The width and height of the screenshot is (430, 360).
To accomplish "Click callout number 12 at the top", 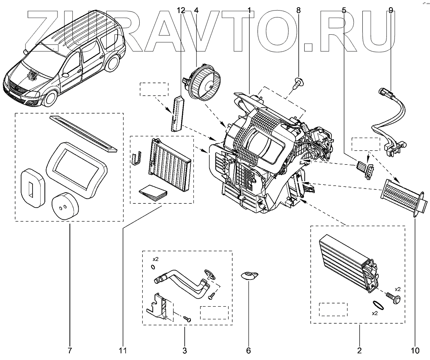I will coord(181,10).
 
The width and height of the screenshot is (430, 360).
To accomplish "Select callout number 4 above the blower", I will coord(196,10).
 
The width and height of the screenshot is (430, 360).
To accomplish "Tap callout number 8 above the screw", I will coord(298,10).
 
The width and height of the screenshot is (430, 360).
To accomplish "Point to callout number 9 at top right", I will coord(391,10).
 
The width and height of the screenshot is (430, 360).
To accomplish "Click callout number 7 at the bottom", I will coord(69,350).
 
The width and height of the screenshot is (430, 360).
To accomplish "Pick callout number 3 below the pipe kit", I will coord(185,350).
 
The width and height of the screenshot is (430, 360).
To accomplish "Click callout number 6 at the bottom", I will coord(248,350).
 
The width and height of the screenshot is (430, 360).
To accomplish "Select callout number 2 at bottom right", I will coord(359,350).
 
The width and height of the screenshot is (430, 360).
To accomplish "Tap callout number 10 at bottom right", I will coord(415,350).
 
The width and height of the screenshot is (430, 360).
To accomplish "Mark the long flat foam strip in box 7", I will coord(83,133).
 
